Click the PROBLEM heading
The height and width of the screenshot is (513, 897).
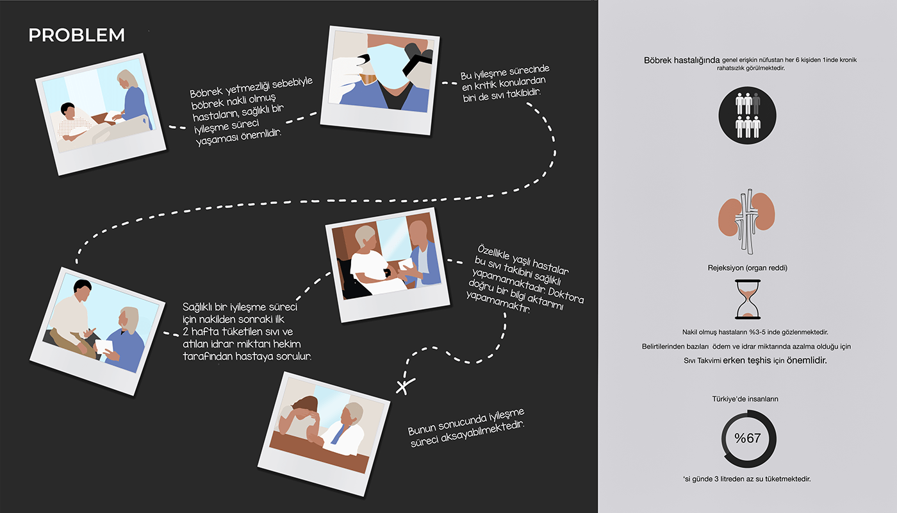[x=76, y=35]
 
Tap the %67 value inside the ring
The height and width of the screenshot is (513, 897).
[x=747, y=438]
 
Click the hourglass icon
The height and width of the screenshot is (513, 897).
[x=748, y=299]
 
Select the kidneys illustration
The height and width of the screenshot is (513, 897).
[x=746, y=221]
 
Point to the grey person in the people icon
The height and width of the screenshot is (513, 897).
[x=756, y=103]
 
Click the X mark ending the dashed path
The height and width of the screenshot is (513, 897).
[x=405, y=386]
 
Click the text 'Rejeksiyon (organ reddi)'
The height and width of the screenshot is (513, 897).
[x=747, y=268]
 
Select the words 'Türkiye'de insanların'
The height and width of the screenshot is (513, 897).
[x=745, y=399]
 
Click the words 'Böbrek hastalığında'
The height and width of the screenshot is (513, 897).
[x=682, y=60]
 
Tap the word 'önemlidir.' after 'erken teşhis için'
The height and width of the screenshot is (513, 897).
[x=807, y=360]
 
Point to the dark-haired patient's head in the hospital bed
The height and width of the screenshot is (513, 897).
[x=68, y=110]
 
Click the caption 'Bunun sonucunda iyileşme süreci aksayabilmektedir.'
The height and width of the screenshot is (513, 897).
[x=466, y=428]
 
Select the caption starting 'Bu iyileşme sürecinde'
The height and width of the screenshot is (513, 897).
[x=506, y=84]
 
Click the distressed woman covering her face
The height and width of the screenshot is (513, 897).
[x=300, y=417]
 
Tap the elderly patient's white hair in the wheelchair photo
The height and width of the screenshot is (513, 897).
[x=364, y=236]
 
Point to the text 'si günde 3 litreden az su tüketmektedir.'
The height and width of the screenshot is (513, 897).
[x=747, y=479]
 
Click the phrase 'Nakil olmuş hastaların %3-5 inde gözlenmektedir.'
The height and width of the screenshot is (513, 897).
[x=755, y=332]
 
